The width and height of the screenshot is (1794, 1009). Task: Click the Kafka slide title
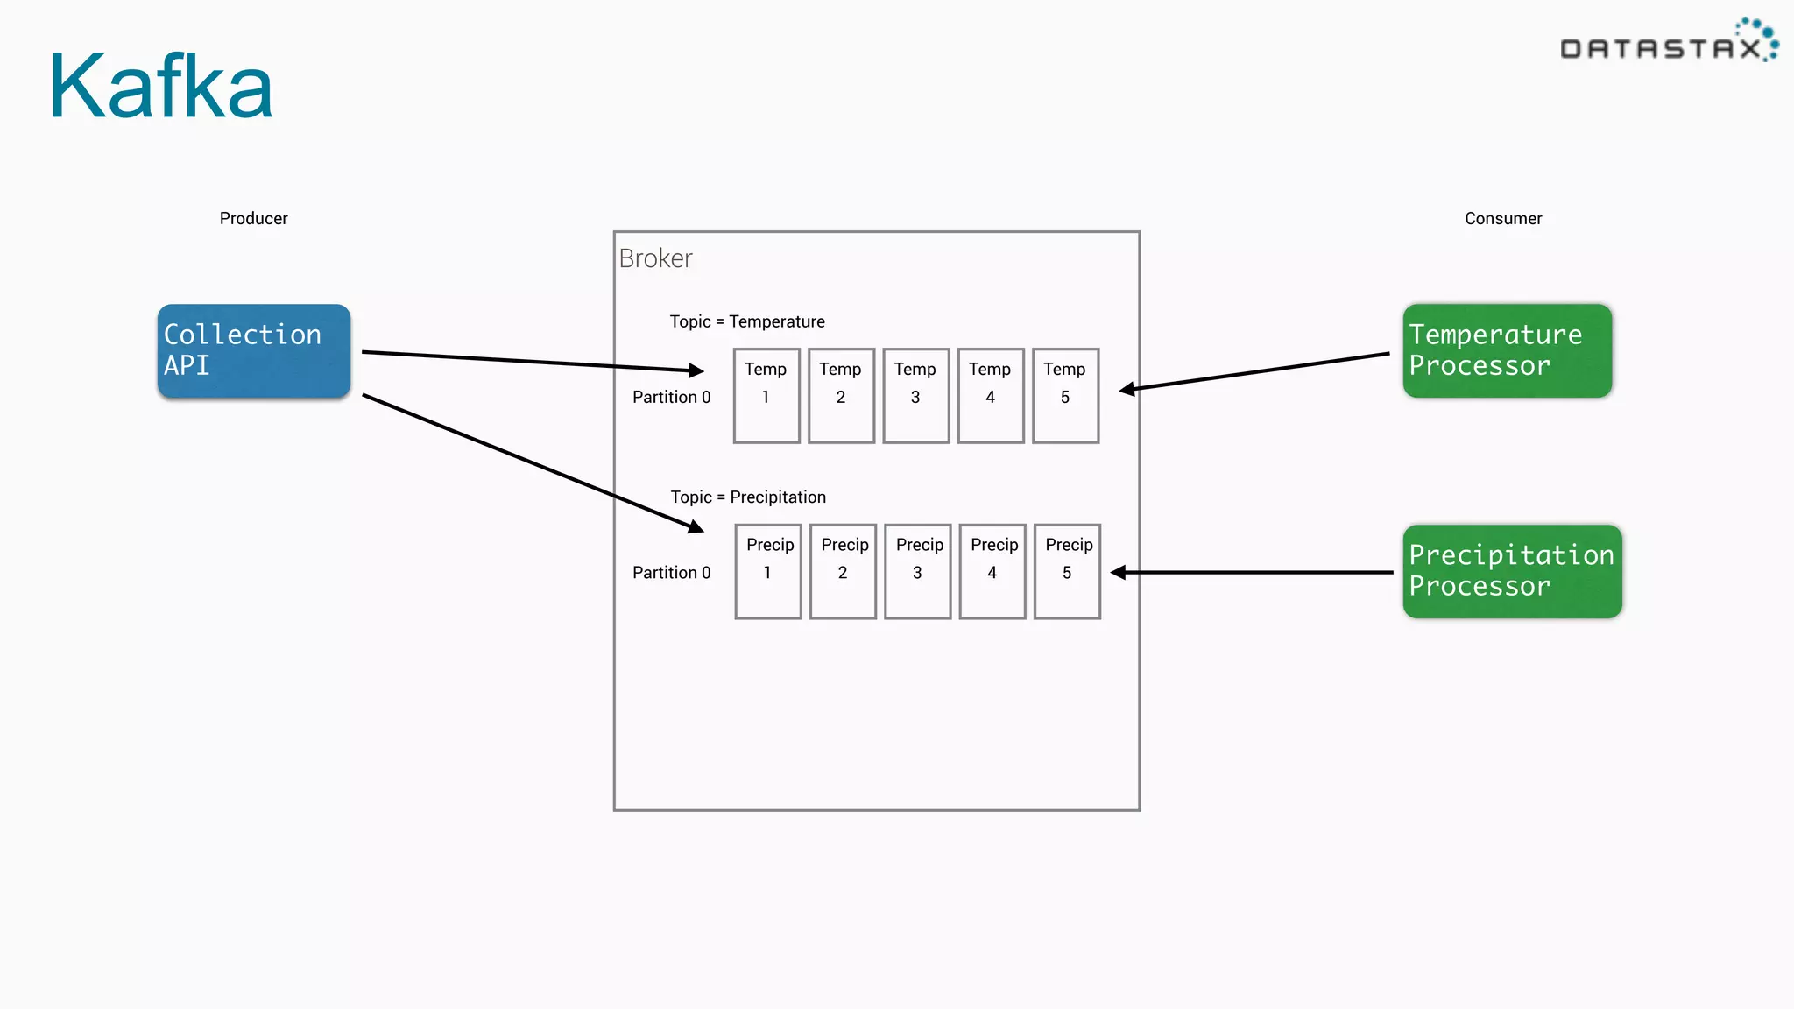[161, 86]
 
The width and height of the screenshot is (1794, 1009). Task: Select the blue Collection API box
[254, 351]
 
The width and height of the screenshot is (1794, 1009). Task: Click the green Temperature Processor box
[1507, 351]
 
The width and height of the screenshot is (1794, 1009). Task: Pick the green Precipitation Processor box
[1512, 571]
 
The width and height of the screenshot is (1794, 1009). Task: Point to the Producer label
[253, 218]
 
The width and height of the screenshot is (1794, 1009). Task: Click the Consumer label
[1503, 218]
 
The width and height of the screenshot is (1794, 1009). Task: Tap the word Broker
[655, 258]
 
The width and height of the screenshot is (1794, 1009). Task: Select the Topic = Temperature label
[747, 321]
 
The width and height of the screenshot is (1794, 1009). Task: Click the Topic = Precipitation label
[748, 497]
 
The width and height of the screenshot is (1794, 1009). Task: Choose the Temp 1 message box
[766, 396]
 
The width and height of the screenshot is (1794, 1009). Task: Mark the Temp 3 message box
[915, 396]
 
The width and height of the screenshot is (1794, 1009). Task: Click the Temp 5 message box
[1065, 396]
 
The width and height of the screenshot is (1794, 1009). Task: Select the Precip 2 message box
[843, 571]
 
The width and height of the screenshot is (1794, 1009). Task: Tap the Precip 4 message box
[992, 571]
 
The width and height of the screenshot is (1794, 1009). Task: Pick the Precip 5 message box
[1067, 571]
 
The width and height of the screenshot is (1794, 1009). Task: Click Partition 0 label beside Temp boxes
[672, 397]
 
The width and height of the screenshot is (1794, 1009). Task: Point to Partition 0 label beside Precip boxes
[672, 572]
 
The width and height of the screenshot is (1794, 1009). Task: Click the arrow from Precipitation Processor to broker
[1253, 572]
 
